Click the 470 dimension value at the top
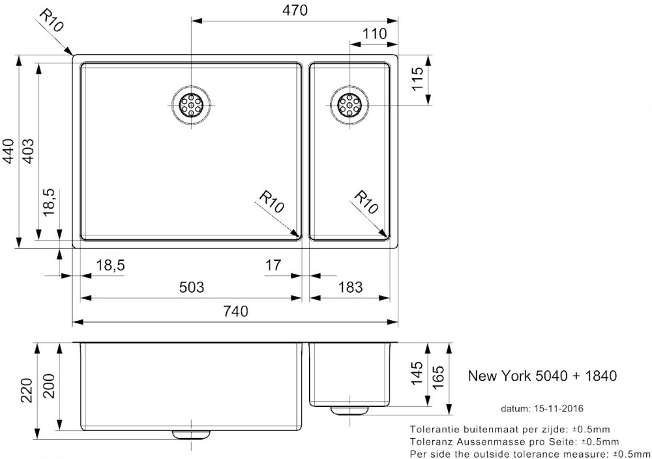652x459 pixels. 295,10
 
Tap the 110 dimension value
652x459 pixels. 374,33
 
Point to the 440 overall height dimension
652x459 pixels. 8,152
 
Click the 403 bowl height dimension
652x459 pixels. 27,151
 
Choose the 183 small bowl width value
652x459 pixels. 350,288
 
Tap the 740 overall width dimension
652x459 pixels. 235,311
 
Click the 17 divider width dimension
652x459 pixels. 273,265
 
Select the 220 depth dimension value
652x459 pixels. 27,390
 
